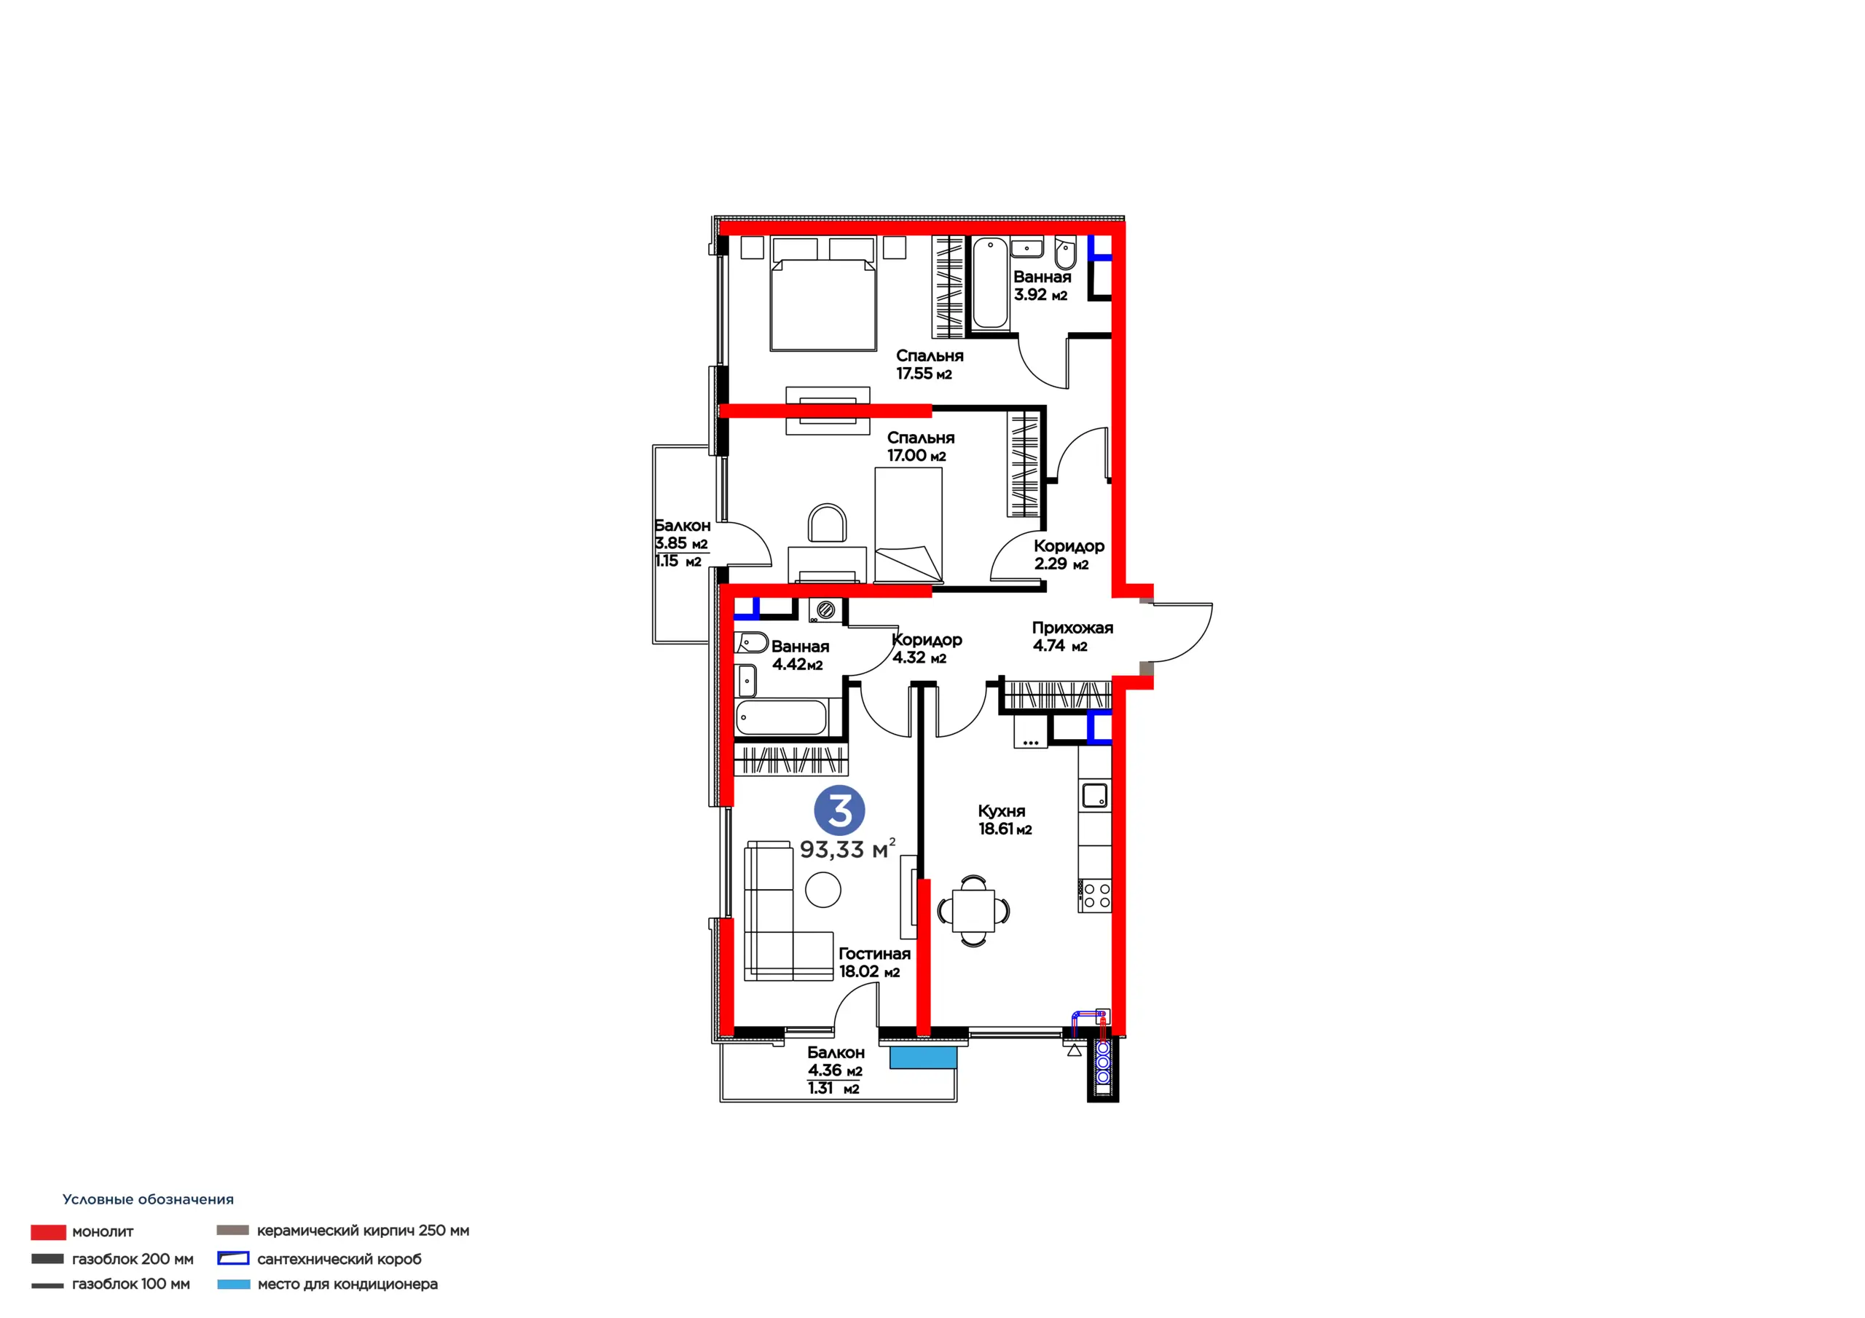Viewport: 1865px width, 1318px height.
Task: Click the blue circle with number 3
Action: (x=839, y=810)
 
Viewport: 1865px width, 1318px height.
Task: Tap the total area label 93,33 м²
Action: (x=847, y=848)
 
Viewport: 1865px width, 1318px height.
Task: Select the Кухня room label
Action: (x=1001, y=811)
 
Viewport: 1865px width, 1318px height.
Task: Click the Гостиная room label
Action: (x=874, y=953)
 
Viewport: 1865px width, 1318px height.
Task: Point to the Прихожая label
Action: (x=1072, y=628)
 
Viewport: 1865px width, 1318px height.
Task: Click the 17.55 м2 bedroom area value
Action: (x=924, y=374)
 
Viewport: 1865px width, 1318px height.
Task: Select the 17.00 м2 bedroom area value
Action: (x=916, y=456)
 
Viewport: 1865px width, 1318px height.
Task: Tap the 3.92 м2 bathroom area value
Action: (x=1040, y=295)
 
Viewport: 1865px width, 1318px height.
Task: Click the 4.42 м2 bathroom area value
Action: (x=797, y=664)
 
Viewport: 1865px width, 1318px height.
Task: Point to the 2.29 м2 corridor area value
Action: (x=1061, y=564)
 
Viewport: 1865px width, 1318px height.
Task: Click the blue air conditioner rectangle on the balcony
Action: (x=923, y=1057)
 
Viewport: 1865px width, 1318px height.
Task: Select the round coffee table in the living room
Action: (x=822, y=890)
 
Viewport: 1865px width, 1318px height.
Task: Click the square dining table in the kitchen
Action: (x=973, y=910)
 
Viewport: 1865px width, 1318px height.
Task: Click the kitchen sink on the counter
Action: (x=1095, y=794)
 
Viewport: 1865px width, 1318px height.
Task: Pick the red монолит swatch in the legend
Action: (x=48, y=1232)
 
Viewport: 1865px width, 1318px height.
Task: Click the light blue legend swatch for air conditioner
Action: (x=234, y=1284)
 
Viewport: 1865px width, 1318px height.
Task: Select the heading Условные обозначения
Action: (x=148, y=1199)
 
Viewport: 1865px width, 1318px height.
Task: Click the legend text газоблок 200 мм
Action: (x=133, y=1259)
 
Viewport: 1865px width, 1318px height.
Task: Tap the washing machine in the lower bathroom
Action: (x=825, y=611)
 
